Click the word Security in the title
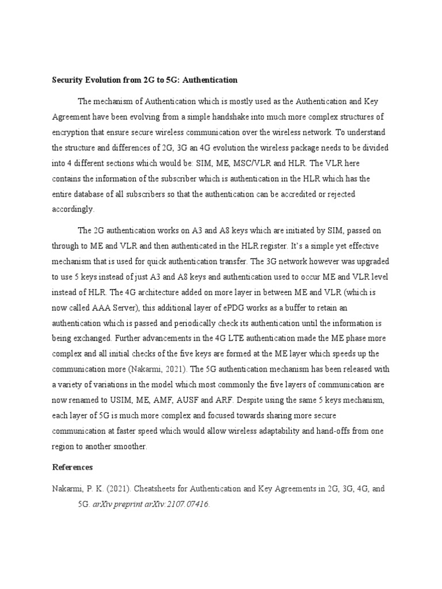click(68, 80)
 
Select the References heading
click(73, 467)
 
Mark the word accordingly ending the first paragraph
click(73, 209)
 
